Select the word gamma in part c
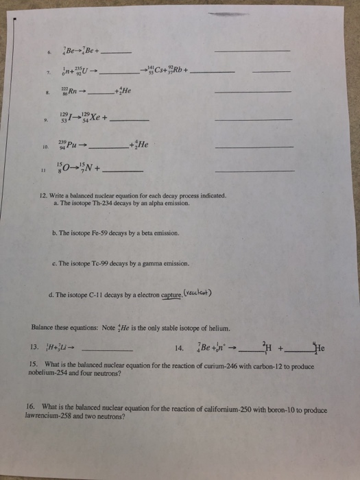[x=159, y=263]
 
